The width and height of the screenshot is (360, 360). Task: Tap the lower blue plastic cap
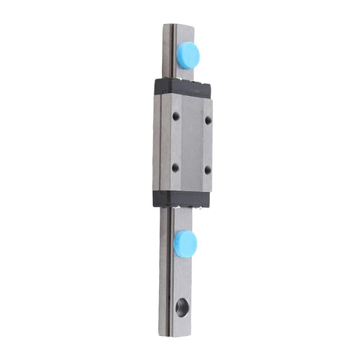pyautogui.click(x=184, y=242)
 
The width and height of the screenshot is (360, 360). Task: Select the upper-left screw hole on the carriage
pyautogui.click(x=175, y=117)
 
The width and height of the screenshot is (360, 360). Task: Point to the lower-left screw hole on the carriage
pyautogui.click(x=175, y=168)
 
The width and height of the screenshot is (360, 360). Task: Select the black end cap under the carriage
pyautogui.click(x=181, y=198)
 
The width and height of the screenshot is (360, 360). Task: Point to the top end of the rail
pyautogui.click(x=178, y=26)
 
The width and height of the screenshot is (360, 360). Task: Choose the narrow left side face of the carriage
pyautogui.click(x=159, y=142)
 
